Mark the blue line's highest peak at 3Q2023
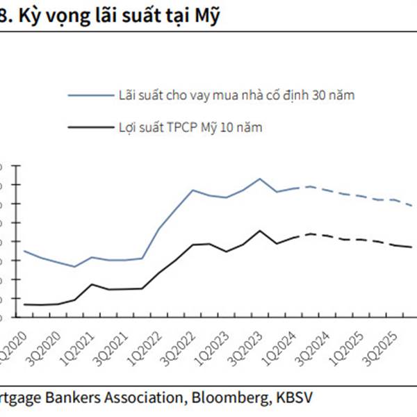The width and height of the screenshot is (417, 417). tap(260, 179)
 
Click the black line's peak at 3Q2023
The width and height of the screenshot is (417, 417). tap(260, 231)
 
